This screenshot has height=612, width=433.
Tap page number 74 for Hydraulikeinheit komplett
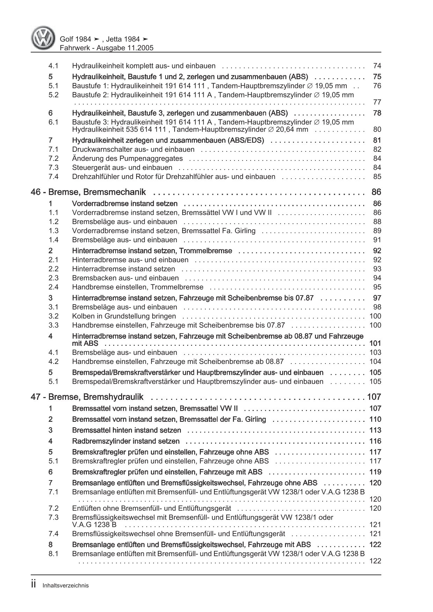tap(377, 66)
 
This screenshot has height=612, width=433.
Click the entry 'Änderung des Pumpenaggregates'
tap(127, 158)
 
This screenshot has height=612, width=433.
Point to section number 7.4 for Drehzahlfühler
tap(53, 177)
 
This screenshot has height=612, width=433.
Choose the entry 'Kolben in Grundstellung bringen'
tap(124, 316)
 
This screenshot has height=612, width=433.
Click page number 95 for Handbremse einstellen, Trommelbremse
tap(377, 287)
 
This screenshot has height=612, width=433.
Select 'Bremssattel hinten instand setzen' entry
tap(126, 430)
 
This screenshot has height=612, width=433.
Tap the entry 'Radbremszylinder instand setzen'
tap(126, 441)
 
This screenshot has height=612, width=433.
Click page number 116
tap(375, 441)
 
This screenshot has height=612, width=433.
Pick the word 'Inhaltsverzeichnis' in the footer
tap(65, 586)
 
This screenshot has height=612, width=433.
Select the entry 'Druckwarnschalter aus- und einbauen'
tap(133, 149)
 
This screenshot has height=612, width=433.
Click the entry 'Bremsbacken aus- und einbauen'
tap(125, 278)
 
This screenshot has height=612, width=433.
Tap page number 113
tap(375, 430)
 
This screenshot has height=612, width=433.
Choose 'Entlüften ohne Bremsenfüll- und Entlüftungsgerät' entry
tap(151, 508)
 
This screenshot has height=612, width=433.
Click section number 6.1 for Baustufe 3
tap(53, 122)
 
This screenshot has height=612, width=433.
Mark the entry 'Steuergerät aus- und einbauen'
tap(122, 167)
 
